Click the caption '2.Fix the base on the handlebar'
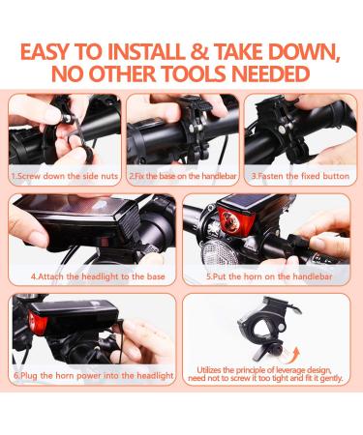click(180, 177)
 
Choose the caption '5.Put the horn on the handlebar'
click(268, 275)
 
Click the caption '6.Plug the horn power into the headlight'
click(93, 375)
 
